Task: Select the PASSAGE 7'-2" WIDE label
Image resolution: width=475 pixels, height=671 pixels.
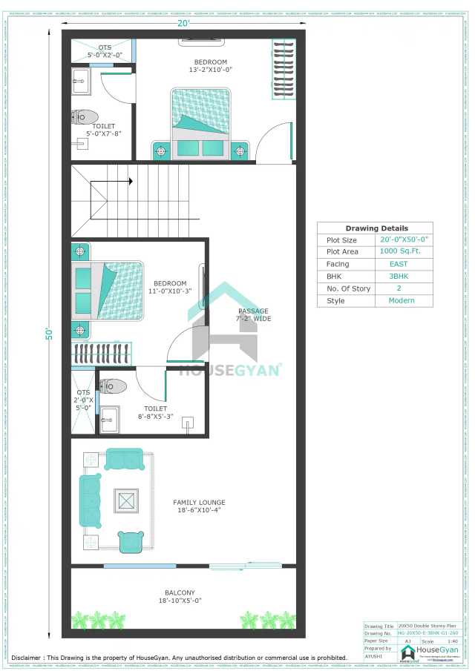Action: pos(253,315)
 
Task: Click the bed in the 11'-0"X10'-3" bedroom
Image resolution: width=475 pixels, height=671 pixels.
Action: pos(108,290)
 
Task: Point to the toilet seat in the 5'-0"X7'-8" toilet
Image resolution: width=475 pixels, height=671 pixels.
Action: pos(85,116)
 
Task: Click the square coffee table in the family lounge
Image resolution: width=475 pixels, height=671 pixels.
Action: pos(125,501)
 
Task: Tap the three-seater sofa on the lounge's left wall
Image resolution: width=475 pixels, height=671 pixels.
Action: pos(91,501)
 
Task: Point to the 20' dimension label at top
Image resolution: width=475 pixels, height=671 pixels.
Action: pos(183,23)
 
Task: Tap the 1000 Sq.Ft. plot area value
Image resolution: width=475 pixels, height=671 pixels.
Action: pos(401,251)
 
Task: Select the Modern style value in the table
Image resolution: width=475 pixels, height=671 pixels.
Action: pos(401,300)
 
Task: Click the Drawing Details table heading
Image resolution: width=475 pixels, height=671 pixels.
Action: pos(376,228)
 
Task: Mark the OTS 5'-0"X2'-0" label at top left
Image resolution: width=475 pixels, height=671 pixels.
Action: pos(104,51)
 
